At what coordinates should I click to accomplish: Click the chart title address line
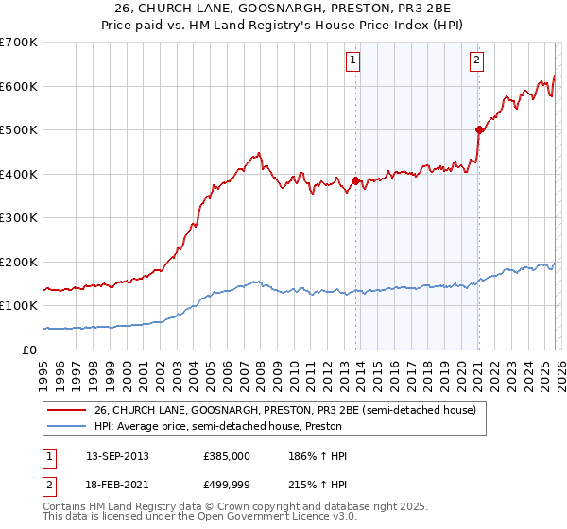283,9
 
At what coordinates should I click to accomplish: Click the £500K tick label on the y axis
18,129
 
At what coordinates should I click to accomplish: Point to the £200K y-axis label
18,262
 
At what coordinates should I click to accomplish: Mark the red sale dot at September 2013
355,180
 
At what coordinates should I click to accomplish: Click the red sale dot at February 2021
479,130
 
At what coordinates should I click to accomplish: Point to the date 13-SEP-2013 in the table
117,456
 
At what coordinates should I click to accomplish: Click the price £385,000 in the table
226,456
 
